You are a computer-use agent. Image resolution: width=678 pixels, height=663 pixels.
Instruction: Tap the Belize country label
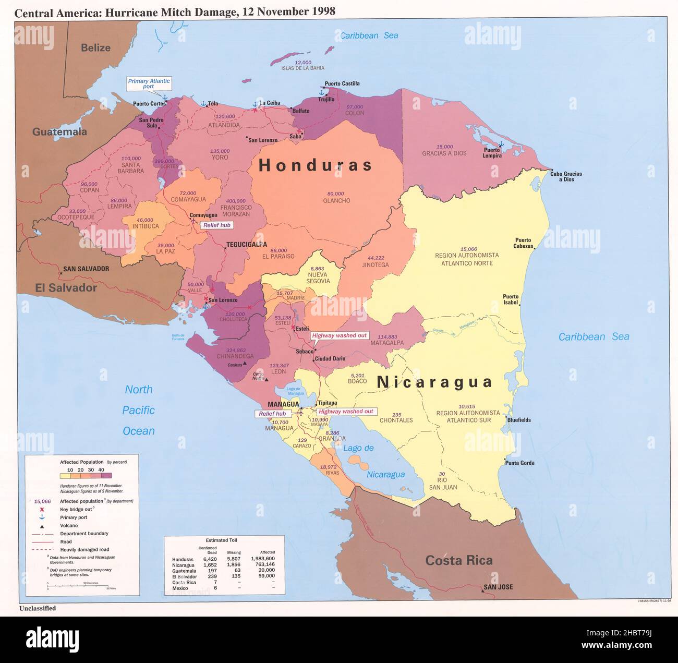click(x=95, y=48)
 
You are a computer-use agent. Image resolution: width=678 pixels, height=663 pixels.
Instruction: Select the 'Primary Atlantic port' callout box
click(x=149, y=84)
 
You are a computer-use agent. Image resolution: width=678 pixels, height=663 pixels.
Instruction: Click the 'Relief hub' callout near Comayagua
click(x=216, y=225)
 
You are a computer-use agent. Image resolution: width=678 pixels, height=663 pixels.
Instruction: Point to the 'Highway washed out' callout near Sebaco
click(x=339, y=335)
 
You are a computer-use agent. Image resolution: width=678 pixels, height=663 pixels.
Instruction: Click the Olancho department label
click(x=336, y=200)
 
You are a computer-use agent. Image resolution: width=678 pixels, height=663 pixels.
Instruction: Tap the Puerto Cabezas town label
click(x=524, y=243)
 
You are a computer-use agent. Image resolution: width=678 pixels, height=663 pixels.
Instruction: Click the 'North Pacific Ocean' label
click(x=139, y=410)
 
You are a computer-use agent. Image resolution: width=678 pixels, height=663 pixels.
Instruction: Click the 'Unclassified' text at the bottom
click(x=38, y=608)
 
